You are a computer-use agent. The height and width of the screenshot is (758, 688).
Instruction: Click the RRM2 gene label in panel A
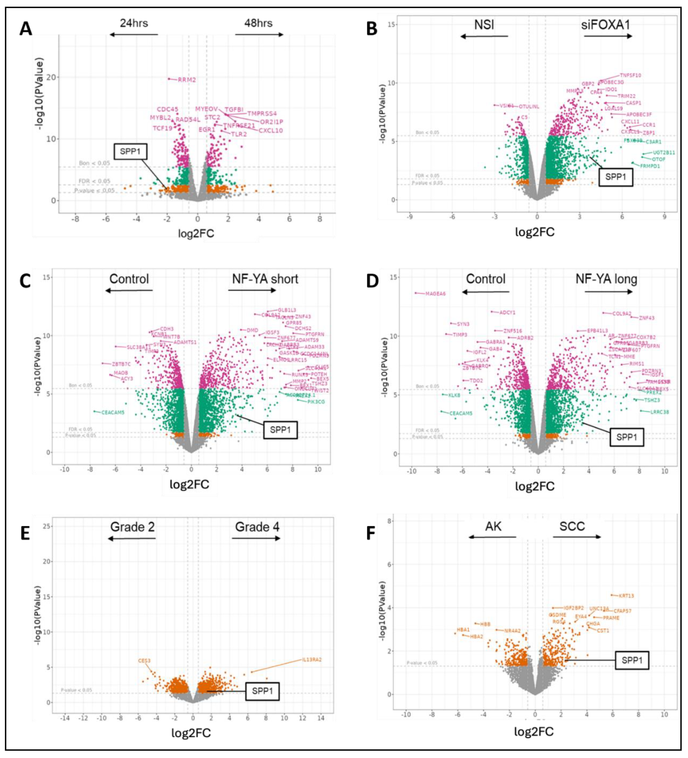[187, 80]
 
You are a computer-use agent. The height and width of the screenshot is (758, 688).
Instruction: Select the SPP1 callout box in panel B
[615, 177]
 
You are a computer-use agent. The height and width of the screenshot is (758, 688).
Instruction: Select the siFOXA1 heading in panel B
[605, 25]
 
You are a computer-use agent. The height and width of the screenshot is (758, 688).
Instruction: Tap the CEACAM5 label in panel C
[113, 412]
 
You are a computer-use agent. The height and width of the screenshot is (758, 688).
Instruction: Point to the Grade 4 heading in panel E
[257, 527]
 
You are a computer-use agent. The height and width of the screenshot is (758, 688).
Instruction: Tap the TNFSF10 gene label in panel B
[631, 75]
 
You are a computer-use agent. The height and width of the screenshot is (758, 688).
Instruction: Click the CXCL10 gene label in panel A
[271, 130]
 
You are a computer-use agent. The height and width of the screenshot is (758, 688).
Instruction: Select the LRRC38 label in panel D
[660, 412]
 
